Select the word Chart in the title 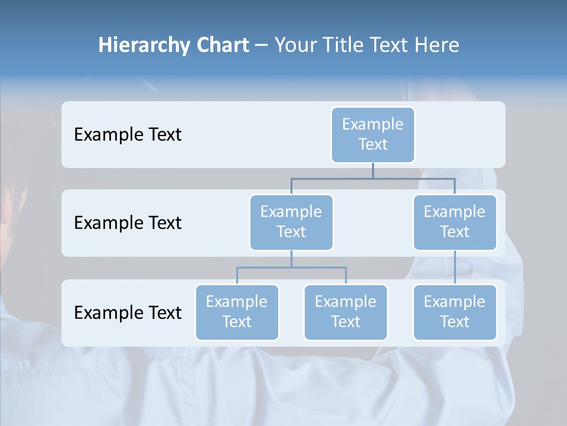point(222,45)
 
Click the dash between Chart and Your point(262,46)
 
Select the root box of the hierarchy point(373,134)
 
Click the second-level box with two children point(291,222)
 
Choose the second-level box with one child point(454,222)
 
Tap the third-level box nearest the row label point(237,312)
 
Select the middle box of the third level point(346,312)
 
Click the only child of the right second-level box point(454,312)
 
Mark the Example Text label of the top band point(128,134)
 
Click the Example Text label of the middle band point(128,222)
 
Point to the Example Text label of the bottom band point(128,312)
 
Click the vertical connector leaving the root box point(373,170)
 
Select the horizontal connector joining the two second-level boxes point(373,178)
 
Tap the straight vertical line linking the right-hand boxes point(455,267)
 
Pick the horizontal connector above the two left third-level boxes point(291,267)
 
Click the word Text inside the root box point(373,144)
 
